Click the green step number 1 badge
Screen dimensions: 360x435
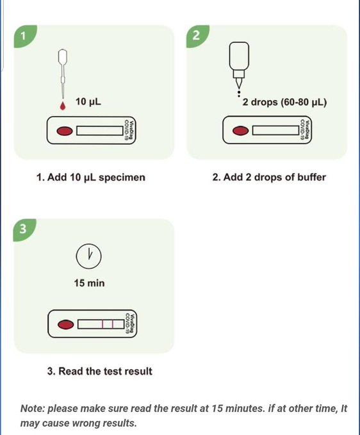[x=24, y=36]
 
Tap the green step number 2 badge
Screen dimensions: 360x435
[x=197, y=35]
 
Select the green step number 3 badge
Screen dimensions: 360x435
[x=24, y=229]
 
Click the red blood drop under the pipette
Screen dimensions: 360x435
[x=63, y=106]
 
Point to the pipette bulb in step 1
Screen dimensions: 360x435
[x=63, y=56]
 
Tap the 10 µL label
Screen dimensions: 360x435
[x=88, y=102]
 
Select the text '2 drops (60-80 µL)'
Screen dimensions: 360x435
[x=284, y=102]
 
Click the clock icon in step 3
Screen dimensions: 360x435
[x=89, y=256]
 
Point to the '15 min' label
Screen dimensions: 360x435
[x=89, y=283]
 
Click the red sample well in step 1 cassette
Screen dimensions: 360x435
[x=65, y=131]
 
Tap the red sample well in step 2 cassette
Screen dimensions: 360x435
[x=240, y=131]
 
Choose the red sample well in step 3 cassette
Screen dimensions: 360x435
[x=66, y=325]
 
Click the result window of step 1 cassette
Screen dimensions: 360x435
[x=100, y=131]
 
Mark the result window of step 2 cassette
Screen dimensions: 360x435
[x=275, y=131]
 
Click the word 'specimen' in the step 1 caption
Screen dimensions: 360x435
[x=122, y=177]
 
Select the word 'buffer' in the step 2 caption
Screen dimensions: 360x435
[x=311, y=177]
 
